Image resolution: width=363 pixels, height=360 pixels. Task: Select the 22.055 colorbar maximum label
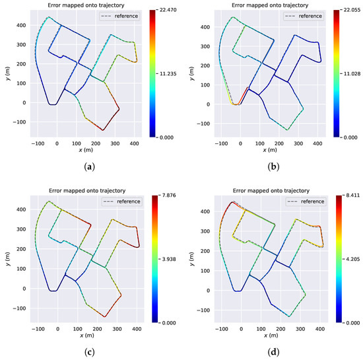[349, 11]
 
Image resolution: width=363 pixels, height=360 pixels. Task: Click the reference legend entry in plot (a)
[126, 15]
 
